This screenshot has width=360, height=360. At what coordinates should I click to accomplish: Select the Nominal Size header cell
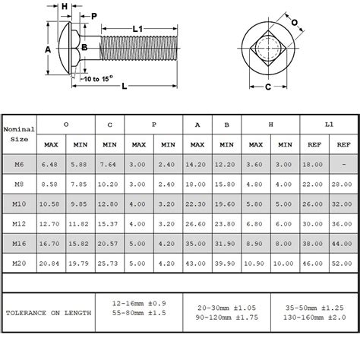point(20,134)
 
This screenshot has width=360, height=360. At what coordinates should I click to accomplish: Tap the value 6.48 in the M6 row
point(52,163)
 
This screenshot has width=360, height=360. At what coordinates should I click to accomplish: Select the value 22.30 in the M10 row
point(197,203)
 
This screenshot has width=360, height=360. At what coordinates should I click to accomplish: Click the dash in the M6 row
point(343,163)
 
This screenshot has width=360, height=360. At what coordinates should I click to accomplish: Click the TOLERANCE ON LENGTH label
point(49,313)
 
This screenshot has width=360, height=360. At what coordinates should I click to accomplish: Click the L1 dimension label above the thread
point(138,29)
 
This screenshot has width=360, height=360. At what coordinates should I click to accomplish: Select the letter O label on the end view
point(294,22)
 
